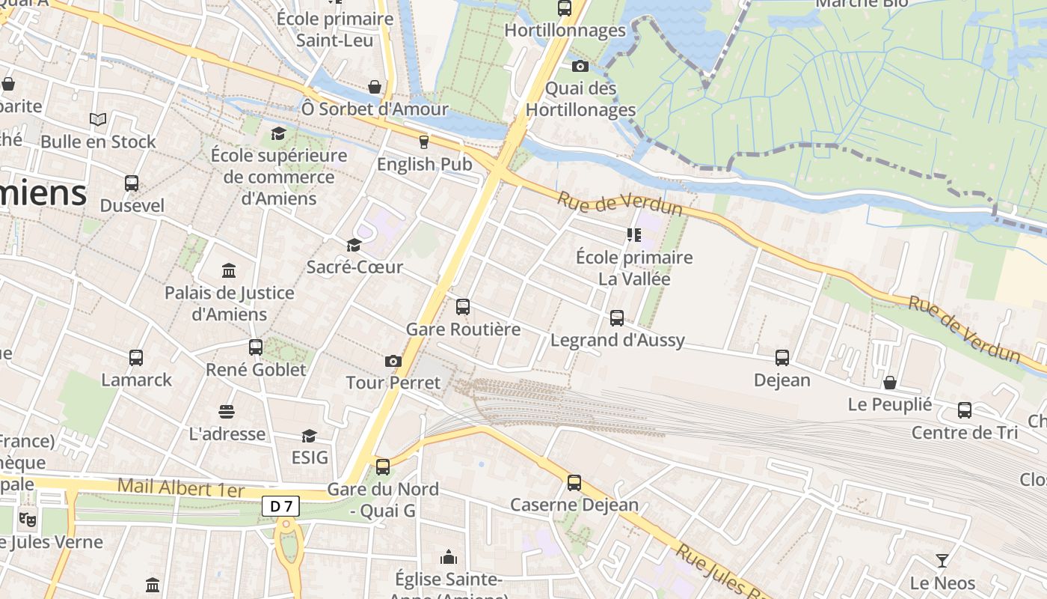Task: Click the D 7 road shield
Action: [x=280, y=507]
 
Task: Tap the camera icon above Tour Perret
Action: [x=393, y=362]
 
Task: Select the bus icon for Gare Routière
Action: [x=463, y=306]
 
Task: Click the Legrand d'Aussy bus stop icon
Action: [x=617, y=318]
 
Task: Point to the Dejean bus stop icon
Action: [x=782, y=358]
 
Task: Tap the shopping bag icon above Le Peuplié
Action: [x=890, y=383]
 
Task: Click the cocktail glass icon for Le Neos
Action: [x=942, y=560]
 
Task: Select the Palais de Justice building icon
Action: [x=229, y=270]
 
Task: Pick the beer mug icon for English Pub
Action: [x=424, y=142]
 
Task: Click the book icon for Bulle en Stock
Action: [x=98, y=119]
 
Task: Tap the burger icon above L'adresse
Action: [x=227, y=411]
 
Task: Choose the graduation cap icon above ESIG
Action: [x=309, y=435]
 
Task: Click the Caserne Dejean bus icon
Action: [x=574, y=483]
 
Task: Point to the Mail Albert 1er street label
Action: [x=181, y=488]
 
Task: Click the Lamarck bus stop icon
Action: [x=136, y=358]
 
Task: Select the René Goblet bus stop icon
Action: [x=256, y=347]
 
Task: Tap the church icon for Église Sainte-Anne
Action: [x=449, y=557]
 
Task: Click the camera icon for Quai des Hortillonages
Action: [x=580, y=66]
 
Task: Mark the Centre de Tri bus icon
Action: [x=965, y=410]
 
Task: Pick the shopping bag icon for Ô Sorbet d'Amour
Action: [x=375, y=87]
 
